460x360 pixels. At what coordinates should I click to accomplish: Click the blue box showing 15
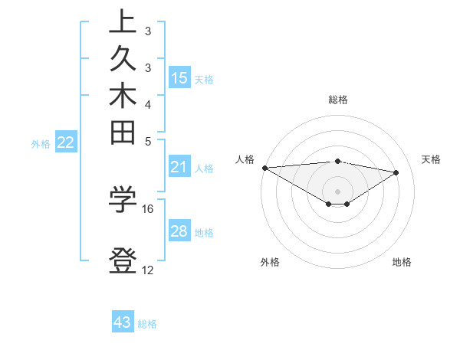click(179, 77)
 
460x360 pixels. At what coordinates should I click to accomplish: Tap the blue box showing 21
click(179, 168)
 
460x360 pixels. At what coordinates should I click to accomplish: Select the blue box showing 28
click(179, 231)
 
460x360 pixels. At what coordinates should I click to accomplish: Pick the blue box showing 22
click(65, 142)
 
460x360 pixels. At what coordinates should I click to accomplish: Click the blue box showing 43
click(122, 322)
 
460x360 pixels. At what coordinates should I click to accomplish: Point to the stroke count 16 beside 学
click(148, 208)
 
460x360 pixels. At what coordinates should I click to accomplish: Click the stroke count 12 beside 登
click(148, 270)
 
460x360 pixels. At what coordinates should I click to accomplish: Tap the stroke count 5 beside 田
click(147, 141)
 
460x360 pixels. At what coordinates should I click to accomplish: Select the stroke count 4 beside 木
click(147, 104)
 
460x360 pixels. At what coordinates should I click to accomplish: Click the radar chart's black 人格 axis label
click(245, 159)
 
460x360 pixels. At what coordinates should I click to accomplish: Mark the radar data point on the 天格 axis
click(396, 172)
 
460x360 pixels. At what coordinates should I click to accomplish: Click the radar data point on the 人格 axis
click(264, 168)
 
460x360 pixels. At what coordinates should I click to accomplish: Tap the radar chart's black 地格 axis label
click(402, 262)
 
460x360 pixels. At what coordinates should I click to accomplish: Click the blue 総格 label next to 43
click(147, 324)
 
